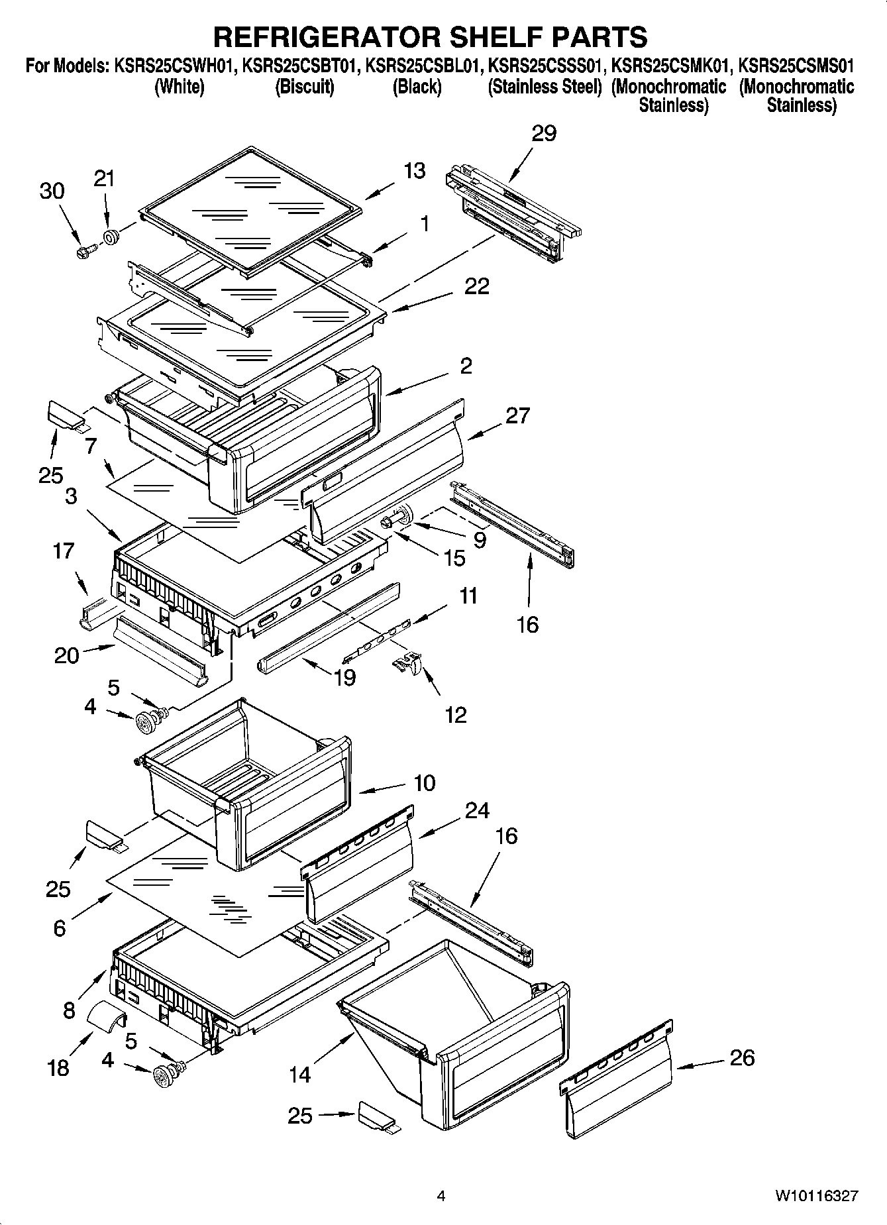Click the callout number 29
544,133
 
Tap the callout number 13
415,170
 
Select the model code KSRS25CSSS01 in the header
546,66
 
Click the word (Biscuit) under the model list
305,87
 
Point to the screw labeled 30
85,250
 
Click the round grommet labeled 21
111,237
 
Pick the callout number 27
517,415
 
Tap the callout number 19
344,677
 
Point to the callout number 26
741,1057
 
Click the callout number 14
299,1074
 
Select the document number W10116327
817,1196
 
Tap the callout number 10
424,782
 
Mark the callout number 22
476,286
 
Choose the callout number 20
66,655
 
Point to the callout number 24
477,810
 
